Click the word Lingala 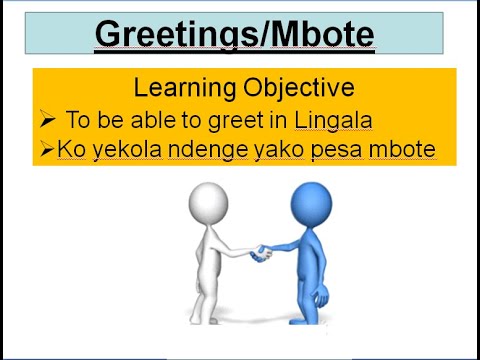point(334,120)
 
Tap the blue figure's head point(311,202)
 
